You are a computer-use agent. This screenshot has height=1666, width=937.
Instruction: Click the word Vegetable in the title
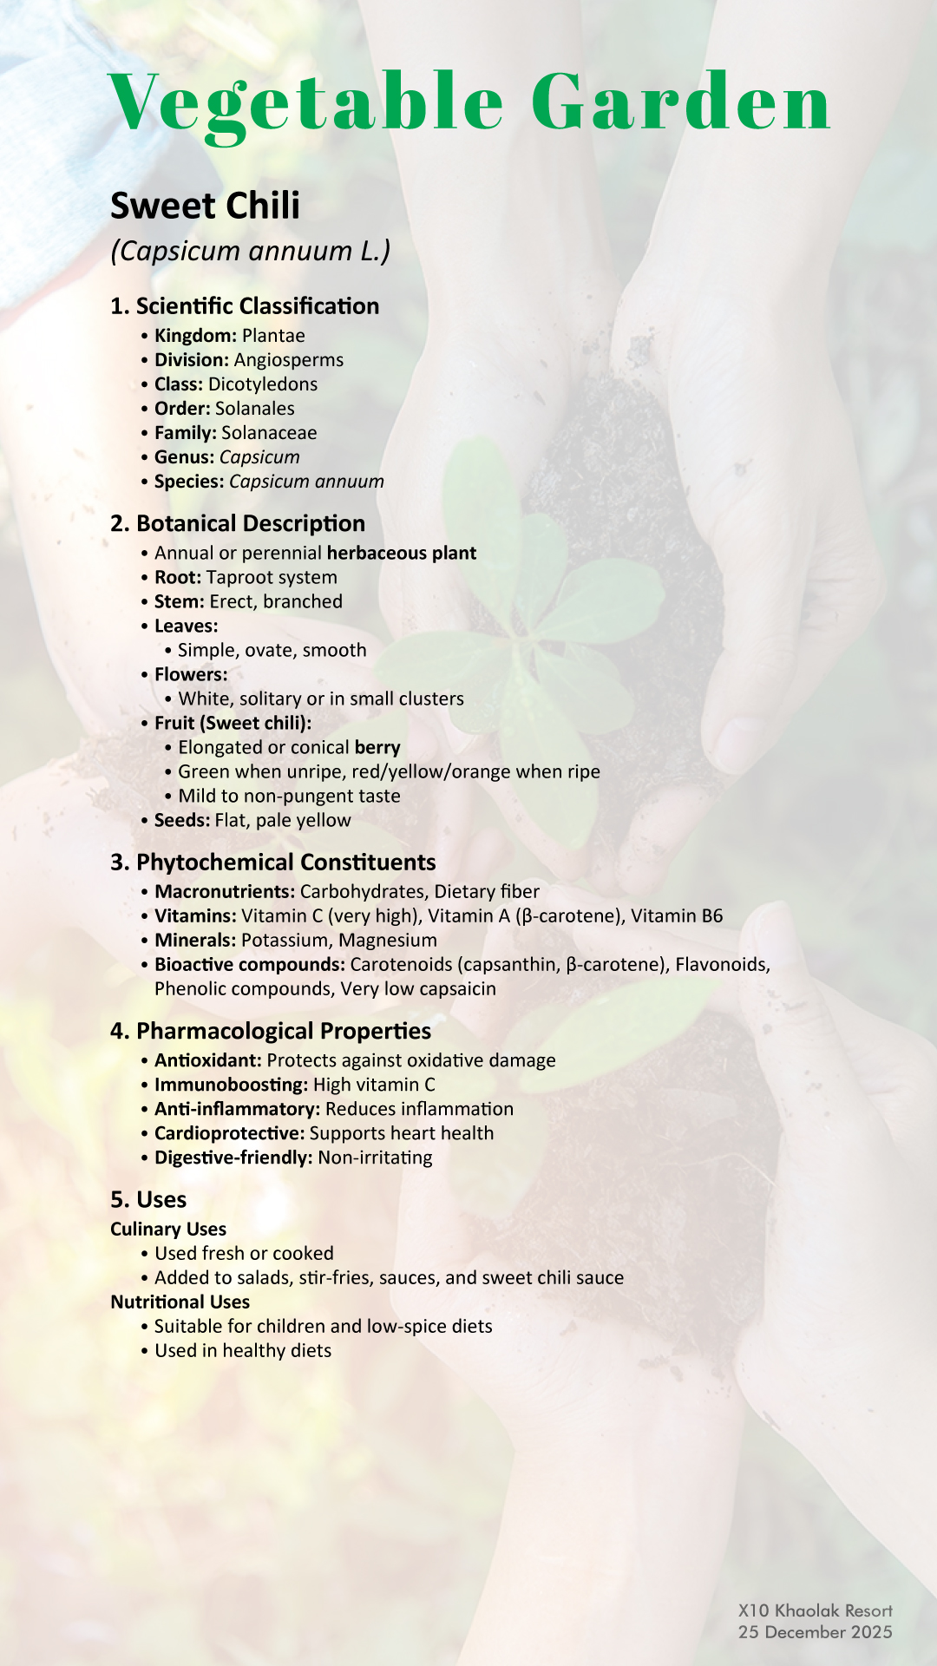point(306,104)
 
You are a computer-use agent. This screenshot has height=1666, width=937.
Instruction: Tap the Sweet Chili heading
point(205,207)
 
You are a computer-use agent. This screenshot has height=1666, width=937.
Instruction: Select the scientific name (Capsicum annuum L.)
point(250,251)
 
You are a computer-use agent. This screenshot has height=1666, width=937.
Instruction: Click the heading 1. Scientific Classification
point(245,306)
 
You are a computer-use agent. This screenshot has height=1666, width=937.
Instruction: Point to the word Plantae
point(273,336)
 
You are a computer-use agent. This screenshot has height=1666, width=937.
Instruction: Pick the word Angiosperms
point(289,360)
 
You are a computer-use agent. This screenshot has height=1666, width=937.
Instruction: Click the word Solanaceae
point(269,433)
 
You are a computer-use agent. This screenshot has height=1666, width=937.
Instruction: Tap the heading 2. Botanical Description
point(238,524)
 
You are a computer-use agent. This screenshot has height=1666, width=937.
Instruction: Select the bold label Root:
point(178,578)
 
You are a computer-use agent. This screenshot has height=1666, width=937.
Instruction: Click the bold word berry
point(377,748)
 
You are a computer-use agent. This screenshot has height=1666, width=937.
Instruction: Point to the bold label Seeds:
point(181,821)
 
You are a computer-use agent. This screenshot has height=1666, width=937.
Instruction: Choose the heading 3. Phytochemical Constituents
point(273,863)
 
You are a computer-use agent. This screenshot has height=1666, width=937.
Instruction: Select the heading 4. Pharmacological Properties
point(271,1032)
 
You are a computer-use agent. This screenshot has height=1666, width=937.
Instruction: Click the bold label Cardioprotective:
point(229,1134)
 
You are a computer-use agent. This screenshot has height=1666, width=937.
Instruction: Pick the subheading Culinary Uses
point(168,1230)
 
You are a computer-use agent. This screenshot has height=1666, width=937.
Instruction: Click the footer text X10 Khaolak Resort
point(816,1611)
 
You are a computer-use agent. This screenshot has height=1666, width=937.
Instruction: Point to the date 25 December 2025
point(816,1632)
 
